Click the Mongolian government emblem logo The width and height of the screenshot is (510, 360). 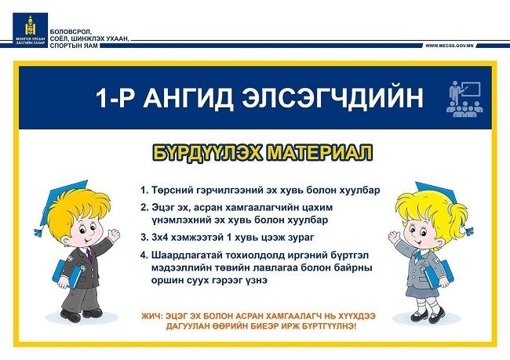(x=31, y=29)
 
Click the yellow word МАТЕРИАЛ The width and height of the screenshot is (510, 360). (x=319, y=153)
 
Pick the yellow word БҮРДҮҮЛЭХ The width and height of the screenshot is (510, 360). (x=207, y=153)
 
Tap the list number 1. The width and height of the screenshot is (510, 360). (x=144, y=190)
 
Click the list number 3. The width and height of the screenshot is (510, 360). (x=144, y=237)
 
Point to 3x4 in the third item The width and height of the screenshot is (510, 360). (x=160, y=237)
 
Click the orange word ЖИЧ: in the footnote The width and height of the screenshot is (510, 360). (x=151, y=316)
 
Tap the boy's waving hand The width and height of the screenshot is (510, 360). (x=114, y=235)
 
